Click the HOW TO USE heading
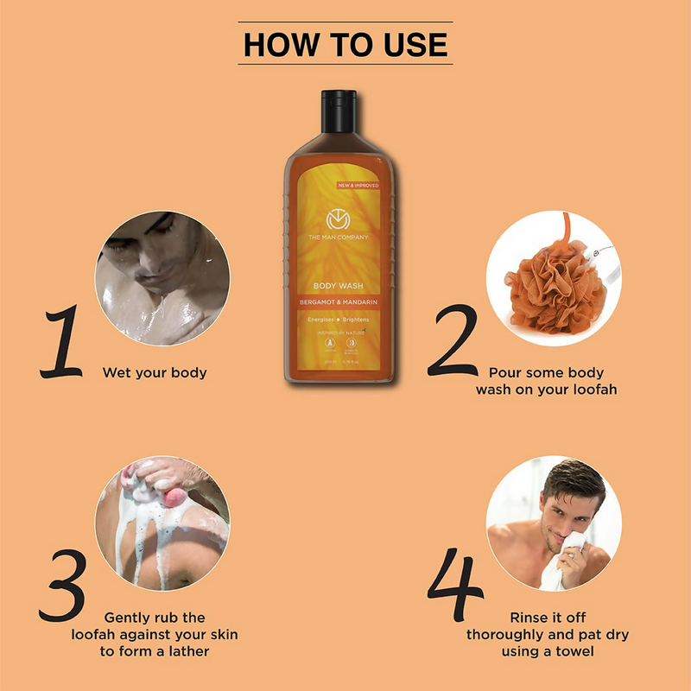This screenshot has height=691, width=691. click(x=345, y=44)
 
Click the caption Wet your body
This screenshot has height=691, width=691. click(x=155, y=373)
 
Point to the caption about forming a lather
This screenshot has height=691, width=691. click(x=155, y=635)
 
